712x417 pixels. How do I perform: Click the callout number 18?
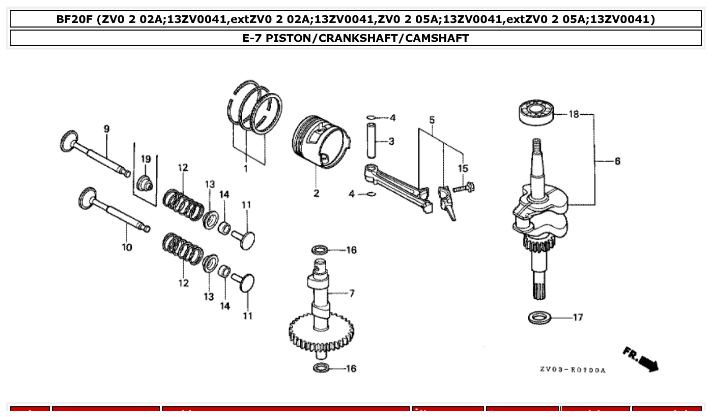tap(574, 115)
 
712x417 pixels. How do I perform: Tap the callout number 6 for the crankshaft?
tap(617, 161)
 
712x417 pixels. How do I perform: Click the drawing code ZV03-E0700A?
tap(573, 370)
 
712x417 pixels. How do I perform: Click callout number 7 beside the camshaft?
tap(352, 293)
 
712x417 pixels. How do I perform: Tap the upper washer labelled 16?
tap(319, 250)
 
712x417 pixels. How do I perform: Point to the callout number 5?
tap(432, 120)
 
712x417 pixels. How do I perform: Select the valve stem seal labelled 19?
tap(146, 182)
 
